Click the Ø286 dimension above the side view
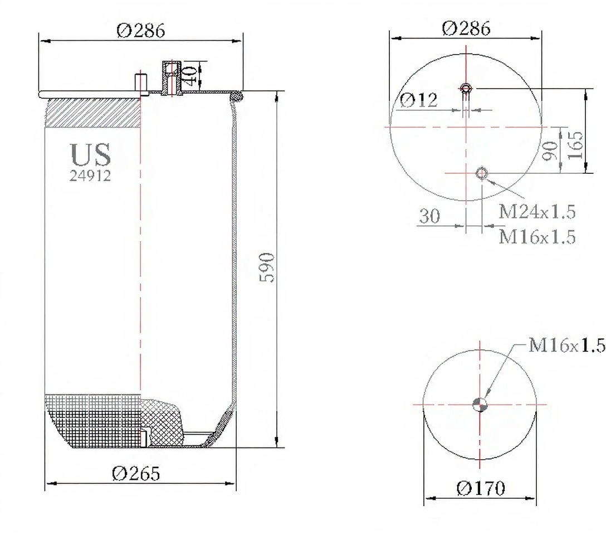click(x=141, y=31)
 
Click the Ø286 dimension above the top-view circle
click(x=466, y=28)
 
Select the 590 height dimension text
click(x=267, y=267)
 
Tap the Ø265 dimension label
click(x=136, y=473)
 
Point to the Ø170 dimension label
click(x=481, y=488)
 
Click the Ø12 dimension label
click(x=418, y=100)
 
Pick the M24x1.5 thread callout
click(x=537, y=211)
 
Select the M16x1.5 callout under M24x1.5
click(x=537, y=236)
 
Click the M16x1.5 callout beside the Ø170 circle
click(x=566, y=345)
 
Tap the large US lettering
click(x=91, y=154)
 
